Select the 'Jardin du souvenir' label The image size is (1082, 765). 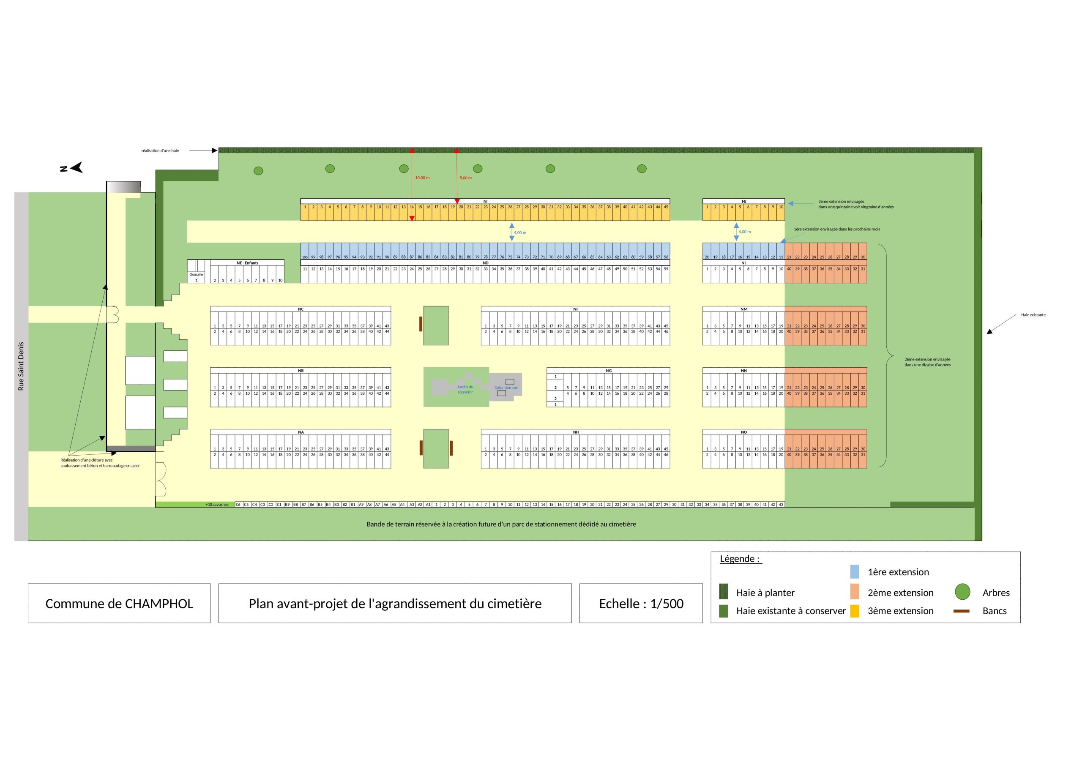pyautogui.click(x=464, y=389)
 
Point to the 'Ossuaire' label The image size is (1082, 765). pyautogui.click(x=196, y=274)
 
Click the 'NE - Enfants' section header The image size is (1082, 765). pyautogui.click(x=247, y=263)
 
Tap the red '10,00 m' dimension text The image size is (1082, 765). pyautogui.click(x=422, y=178)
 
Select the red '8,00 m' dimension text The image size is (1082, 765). pyautogui.click(x=466, y=178)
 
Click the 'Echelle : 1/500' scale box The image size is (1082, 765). pyautogui.click(x=641, y=603)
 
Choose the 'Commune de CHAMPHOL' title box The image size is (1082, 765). pyautogui.click(x=119, y=603)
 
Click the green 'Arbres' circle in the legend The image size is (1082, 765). pyautogui.click(x=962, y=592)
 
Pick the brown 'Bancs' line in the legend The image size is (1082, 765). pyautogui.click(x=962, y=611)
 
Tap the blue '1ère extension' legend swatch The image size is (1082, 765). pyautogui.click(x=854, y=572)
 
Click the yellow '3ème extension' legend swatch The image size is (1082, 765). pyautogui.click(x=854, y=611)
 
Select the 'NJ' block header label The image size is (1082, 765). pyautogui.click(x=743, y=201)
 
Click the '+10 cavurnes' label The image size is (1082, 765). pyautogui.click(x=217, y=504)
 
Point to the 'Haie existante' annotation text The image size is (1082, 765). pyautogui.click(x=1033, y=315)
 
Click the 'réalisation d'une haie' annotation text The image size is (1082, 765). pyautogui.click(x=160, y=151)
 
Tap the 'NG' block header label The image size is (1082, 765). pyautogui.click(x=608, y=371)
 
